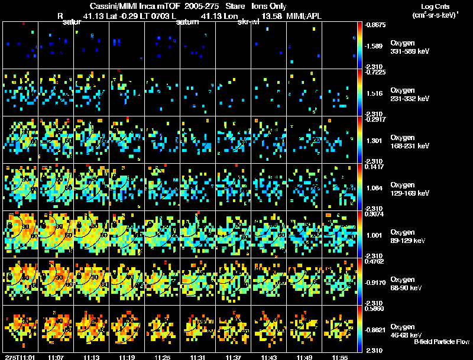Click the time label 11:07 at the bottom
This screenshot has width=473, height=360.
[56, 357]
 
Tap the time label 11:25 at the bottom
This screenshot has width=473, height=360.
[162, 357]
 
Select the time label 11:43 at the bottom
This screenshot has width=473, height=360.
[268, 357]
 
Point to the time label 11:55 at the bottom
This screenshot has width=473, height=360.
[339, 357]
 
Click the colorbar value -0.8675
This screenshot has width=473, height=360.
[375, 25]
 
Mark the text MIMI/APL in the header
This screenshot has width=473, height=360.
[306, 15]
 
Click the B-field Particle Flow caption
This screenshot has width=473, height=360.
[442, 342]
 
